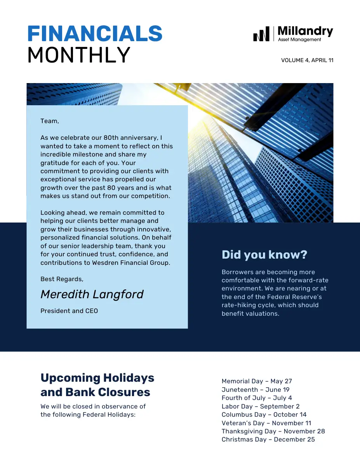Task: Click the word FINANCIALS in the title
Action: [95, 34]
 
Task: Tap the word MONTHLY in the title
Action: [78, 55]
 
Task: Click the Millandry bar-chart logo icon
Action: [261, 35]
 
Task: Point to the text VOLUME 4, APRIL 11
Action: [307, 60]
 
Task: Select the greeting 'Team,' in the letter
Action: [50, 121]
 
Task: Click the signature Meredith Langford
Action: [92, 294]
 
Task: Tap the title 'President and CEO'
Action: [69, 311]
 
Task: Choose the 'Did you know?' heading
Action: [264, 255]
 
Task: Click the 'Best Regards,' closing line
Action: [62, 279]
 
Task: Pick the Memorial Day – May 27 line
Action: [257, 381]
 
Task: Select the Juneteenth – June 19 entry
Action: [256, 389]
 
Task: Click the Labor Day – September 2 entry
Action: [261, 406]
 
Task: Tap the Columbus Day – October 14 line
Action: [264, 414]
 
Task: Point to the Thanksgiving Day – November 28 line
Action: [273, 431]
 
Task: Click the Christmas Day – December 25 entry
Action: [268, 440]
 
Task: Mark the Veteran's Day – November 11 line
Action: [266, 423]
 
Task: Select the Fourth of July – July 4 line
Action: [257, 398]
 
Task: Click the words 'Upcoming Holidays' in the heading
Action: [97, 378]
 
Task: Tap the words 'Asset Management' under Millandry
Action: [300, 39]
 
